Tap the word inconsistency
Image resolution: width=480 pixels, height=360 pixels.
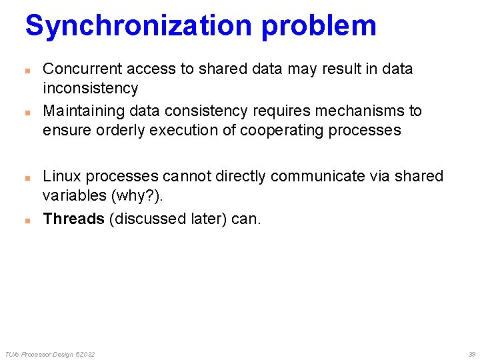[x=90, y=88]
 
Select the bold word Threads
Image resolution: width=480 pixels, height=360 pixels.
[x=73, y=219]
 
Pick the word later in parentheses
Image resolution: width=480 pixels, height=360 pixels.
[x=206, y=219]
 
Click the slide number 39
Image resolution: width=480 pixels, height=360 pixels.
[x=471, y=354]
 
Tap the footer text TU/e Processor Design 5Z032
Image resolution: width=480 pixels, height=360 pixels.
[x=49, y=354]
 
